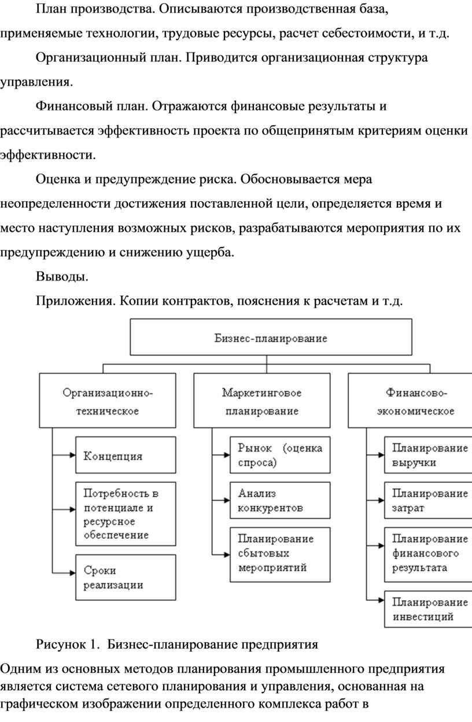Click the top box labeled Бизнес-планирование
pos(271,337)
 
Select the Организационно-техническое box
pos(108,401)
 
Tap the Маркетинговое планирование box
pos(262,401)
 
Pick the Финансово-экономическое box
pos(410,401)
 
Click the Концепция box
pos(126,455)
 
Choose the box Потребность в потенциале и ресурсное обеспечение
pos(126,514)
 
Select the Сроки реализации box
pos(126,577)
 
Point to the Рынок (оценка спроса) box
pos(280,455)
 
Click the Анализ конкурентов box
pos(280,500)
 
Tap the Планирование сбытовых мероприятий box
pos(280,555)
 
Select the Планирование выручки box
pos(428,455)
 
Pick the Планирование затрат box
pos(428,500)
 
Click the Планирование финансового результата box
pos(428,555)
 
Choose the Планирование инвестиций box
pos(428,609)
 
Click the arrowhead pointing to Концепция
pos(72,455)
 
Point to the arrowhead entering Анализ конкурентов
pos(227,500)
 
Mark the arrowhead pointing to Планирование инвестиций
pos(381,600)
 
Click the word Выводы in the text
pos(62,276)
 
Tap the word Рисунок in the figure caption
pos(61,645)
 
